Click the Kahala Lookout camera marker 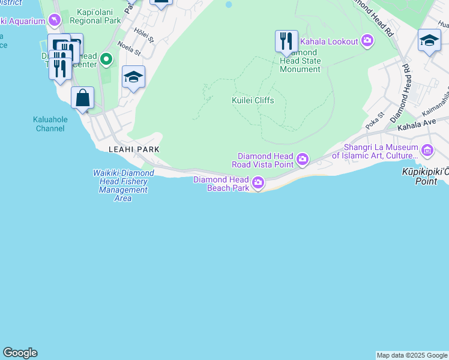367,41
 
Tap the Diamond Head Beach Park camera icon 258,182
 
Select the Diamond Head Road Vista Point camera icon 303,159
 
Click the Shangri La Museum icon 427,149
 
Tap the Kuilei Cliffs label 253,100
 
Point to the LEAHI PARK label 133,149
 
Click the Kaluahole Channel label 50,124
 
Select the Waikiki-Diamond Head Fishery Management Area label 123,185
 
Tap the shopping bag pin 82,98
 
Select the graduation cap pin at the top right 429,40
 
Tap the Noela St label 128,48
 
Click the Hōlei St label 145,35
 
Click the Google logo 20,353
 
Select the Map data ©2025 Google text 412,355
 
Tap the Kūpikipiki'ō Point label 426,175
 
